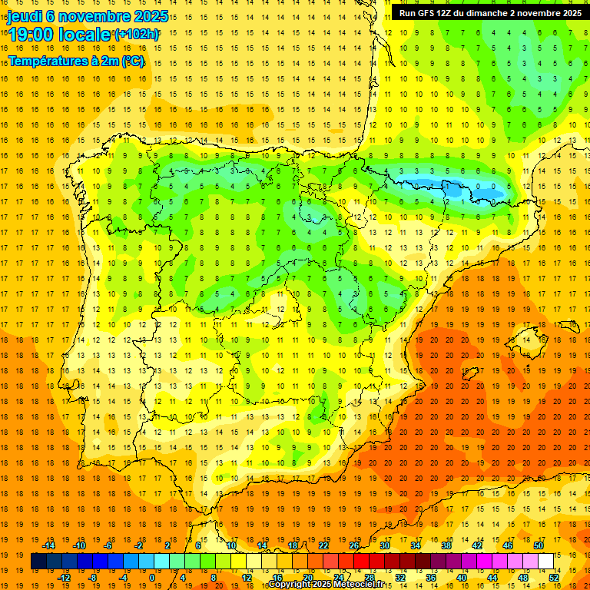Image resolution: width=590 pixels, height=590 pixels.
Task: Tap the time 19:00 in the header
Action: tap(31, 35)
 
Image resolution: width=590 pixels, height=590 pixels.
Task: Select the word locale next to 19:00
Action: tap(85, 35)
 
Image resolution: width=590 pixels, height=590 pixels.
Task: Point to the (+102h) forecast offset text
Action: tap(136, 35)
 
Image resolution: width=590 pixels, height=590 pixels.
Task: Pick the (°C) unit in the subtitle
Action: tap(132, 61)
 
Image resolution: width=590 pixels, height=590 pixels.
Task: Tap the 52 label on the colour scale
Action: tap(554, 578)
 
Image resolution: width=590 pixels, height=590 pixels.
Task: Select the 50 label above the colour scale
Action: tap(539, 545)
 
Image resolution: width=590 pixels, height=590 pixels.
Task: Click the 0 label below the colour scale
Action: tap(152, 578)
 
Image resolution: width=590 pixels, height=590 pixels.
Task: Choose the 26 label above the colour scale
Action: tap(354, 545)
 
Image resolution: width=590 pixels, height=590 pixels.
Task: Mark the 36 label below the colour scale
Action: tap(431, 578)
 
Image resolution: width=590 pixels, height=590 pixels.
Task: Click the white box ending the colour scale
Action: tap(546, 561)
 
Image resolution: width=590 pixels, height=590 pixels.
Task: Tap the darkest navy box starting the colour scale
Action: tap(38, 561)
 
